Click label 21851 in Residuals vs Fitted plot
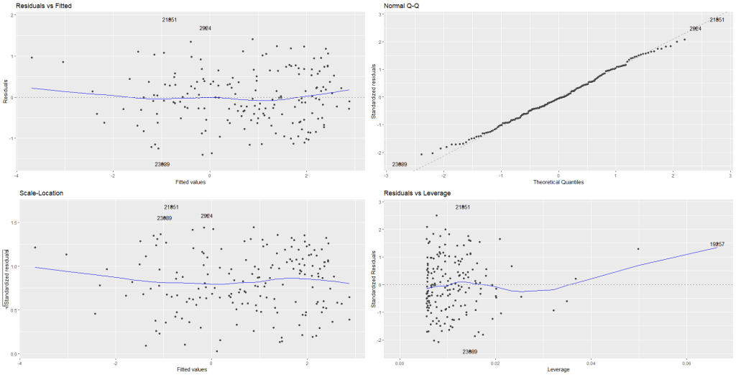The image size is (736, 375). pyautogui.click(x=170, y=20)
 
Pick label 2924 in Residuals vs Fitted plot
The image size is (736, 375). pyautogui.click(x=205, y=29)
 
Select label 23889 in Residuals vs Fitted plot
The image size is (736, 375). pyautogui.click(x=162, y=164)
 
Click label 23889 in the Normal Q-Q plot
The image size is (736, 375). pyautogui.click(x=399, y=164)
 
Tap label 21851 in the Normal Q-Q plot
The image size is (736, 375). pyautogui.click(x=717, y=20)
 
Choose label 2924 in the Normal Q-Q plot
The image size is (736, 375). pyautogui.click(x=695, y=29)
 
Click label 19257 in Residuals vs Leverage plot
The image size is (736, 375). pyautogui.click(x=717, y=244)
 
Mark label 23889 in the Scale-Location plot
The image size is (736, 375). pyautogui.click(x=165, y=218)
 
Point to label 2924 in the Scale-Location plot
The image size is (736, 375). pyautogui.click(x=207, y=216)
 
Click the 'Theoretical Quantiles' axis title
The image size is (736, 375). pyautogui.click(x=558, y=182)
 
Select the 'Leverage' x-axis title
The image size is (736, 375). pyautogui.click(x=558, y=369)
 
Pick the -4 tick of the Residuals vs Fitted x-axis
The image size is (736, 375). pyautogui.click(x=17, y=175)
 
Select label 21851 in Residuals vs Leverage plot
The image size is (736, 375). pyautogui.click(x=463, y=207)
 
